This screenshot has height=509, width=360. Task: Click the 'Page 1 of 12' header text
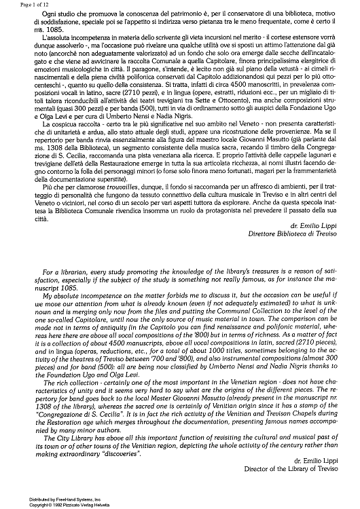point(19,4)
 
